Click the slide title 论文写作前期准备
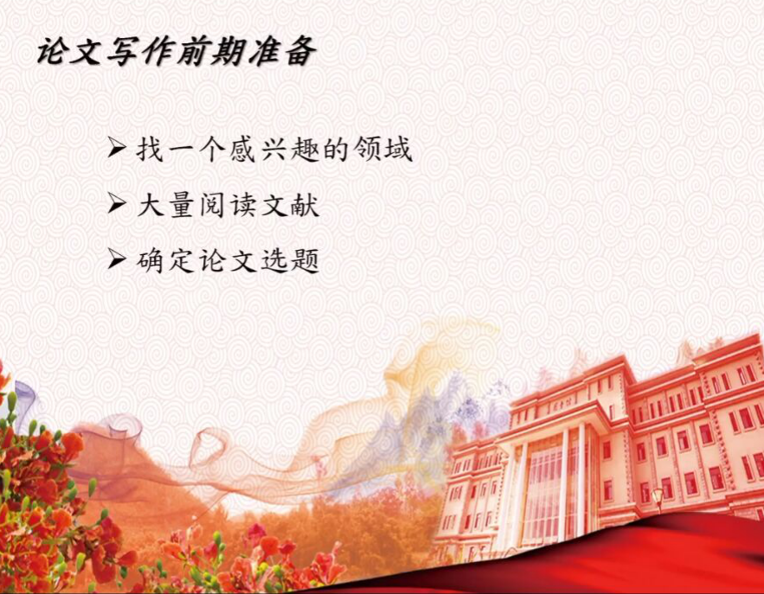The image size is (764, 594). pyautogui.click(x=177, y=51)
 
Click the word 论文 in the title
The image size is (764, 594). pyautogui.click(x=71, y=51)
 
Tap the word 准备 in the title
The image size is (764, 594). pyautogui.click(x=282, y=51)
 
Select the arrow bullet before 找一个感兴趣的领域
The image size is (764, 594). pyautogui.click(x=117, y=147)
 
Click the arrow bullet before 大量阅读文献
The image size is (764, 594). pyautogui.click(x=117, y=203)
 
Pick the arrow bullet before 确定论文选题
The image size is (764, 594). pyautogui.click(x=117, y=259)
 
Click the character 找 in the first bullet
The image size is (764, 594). pyautogui.click(x=150, y=148)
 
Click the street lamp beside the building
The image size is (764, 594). pyautogui.click(x=658, y=499)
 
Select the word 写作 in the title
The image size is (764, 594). pyautogui.click(x=142, y=51)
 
